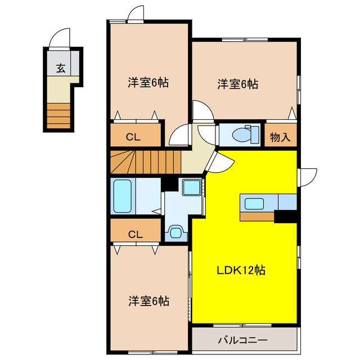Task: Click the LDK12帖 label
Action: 241,270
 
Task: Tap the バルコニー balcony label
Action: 242,340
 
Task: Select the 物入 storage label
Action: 280,137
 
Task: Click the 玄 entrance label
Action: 61,68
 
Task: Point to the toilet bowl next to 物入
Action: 241,135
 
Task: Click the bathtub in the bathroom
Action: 123,196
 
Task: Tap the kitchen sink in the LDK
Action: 254,204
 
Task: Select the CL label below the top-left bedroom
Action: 133,137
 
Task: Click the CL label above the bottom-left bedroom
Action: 136,235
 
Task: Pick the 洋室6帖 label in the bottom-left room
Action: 148,301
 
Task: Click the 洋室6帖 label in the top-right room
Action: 237,84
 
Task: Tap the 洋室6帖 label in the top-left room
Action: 148,83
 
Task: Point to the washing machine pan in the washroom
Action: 192,187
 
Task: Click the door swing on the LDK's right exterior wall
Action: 308,178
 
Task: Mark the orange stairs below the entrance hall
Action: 58,116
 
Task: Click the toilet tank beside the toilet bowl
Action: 255,134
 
